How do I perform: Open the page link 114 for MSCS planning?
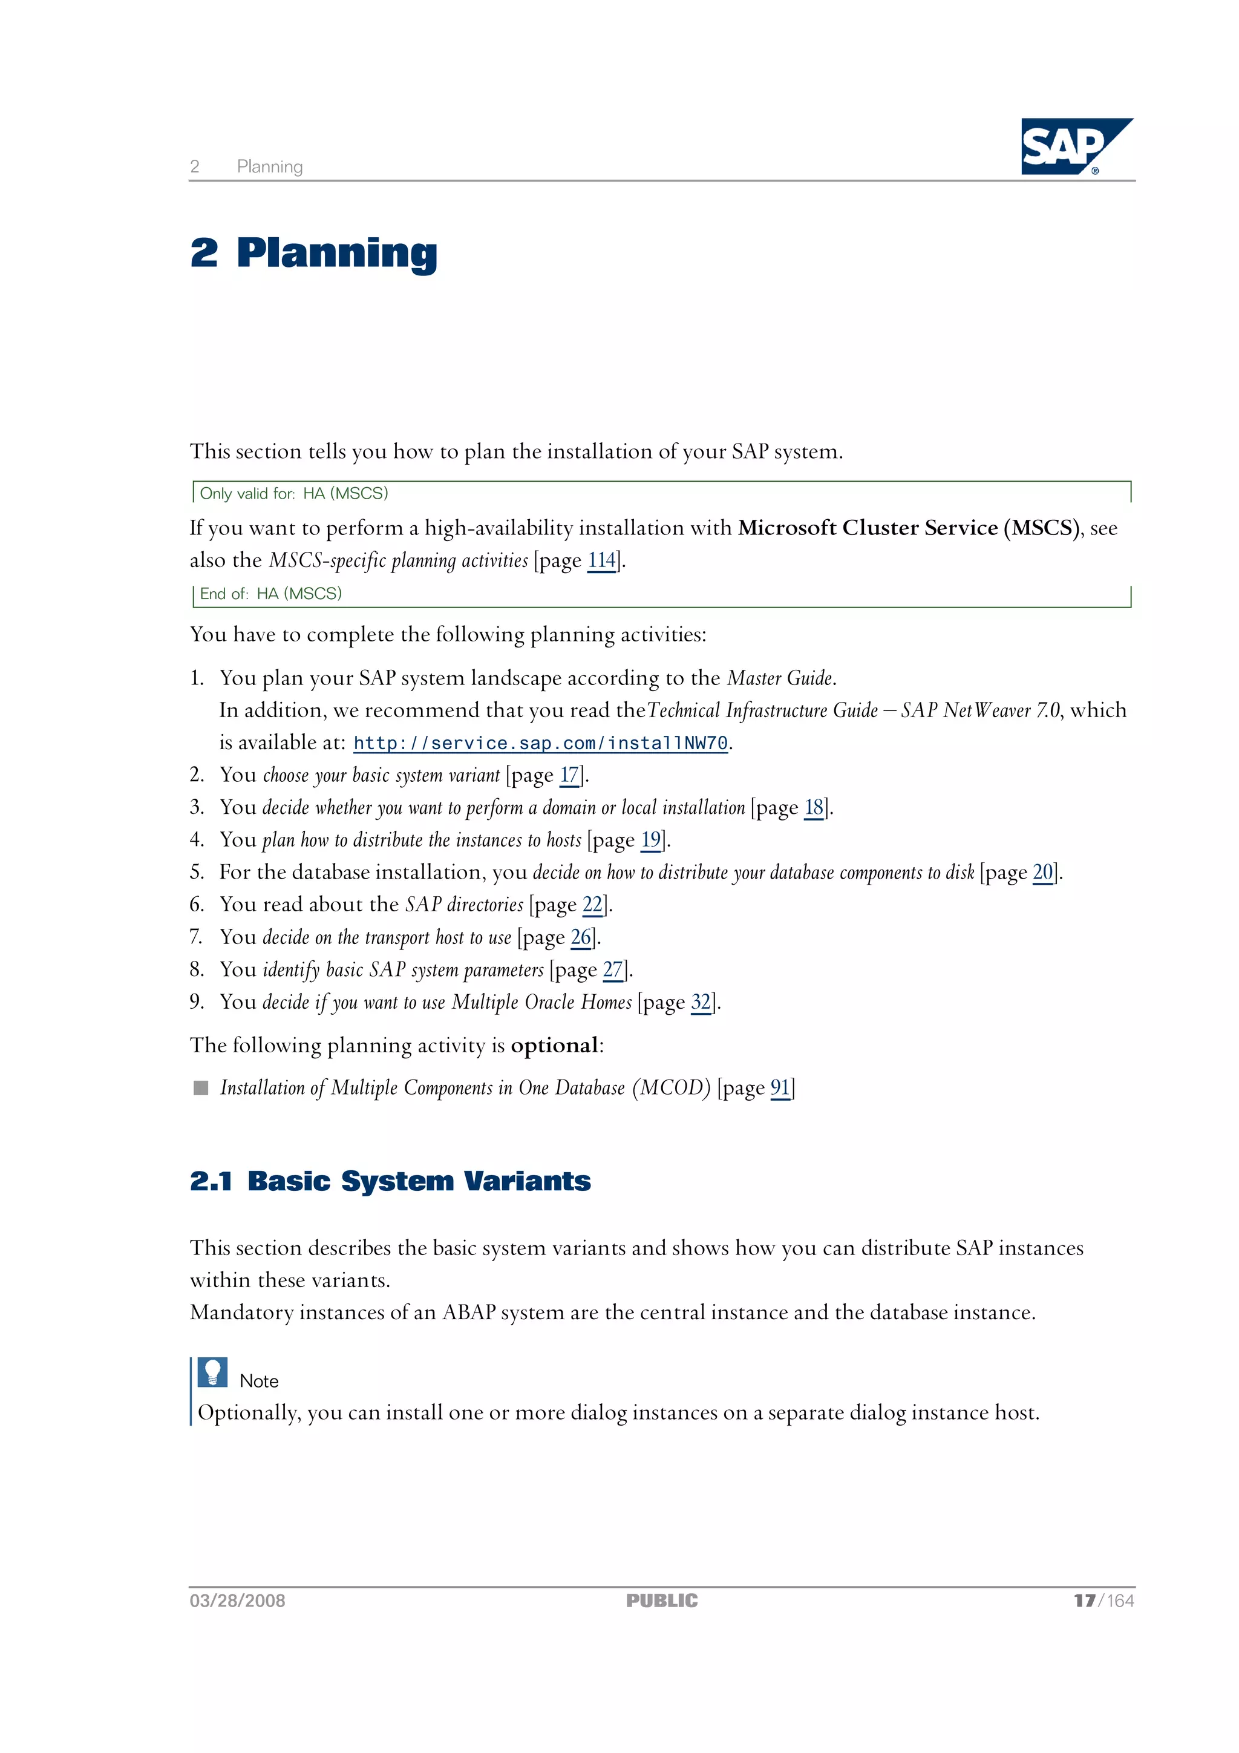pos(601,560)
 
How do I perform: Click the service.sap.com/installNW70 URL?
pos(540,743)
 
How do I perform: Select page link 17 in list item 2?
pos(569,775)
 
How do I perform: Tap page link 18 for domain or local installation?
pos(814,808)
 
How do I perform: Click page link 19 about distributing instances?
pos(650,840)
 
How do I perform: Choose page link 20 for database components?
pos(1043,872)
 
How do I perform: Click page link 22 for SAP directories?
pos(592,905)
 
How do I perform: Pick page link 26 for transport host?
pos(581,937)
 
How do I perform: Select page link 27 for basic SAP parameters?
pos(613,969)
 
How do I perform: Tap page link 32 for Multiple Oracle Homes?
pos(701,1001)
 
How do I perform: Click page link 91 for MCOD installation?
pos(779,1087)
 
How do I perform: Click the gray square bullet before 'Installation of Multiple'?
pos(201,1087)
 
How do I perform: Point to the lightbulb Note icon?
pos(212,1372)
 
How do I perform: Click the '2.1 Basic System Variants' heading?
pos(390,1181)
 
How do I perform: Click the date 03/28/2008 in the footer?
pos(237,1601)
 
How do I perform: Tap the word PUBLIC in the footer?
pos(662,1601)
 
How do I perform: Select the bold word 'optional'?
pos(554,1045)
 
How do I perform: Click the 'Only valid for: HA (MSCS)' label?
pos(294,493)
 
